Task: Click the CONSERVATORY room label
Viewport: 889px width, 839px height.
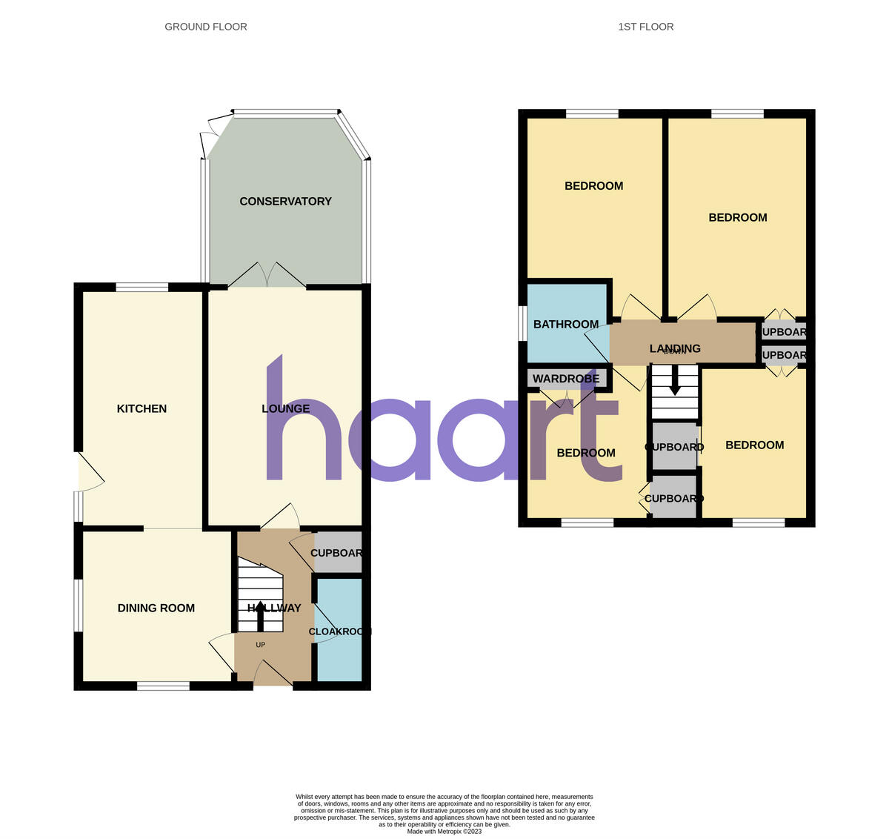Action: [285, 202]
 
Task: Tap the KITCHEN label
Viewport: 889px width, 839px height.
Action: [141, 408]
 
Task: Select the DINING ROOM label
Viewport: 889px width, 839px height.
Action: [156, 608]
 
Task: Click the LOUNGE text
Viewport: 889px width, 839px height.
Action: [286, 408]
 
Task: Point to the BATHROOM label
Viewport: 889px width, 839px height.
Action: [566, 325]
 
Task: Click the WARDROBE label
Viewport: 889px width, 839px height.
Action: [566, 379]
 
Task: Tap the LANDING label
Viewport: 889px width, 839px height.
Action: [675, 348]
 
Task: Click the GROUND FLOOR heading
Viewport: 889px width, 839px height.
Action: [206, 27]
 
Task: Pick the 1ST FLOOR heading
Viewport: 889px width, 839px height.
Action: [646, 27]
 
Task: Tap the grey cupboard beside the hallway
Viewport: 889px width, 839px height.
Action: [338, 553]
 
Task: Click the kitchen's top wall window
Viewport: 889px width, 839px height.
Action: [142, 287]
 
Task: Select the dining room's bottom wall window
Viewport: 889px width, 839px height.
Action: [163, 686]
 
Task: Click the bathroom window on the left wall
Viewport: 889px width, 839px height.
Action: [522, 325]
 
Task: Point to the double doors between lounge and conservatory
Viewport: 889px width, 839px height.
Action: [267, 276]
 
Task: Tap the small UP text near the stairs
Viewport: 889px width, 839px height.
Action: [260, 645]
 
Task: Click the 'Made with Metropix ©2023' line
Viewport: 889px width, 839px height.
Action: [444, 832]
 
